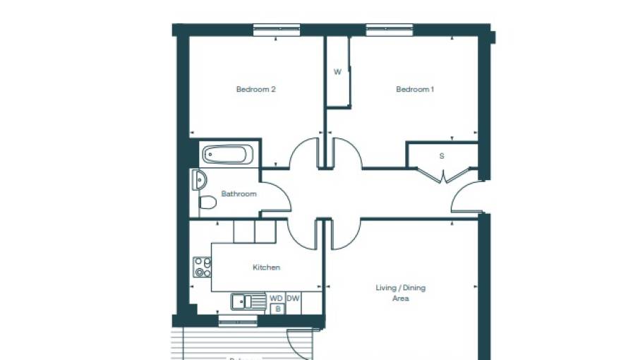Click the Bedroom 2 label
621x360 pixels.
point(255,90)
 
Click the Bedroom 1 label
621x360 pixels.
point(415,90)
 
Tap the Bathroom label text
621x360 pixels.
point(239,193)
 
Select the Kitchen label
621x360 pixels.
point(266,268)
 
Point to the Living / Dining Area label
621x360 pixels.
point(400,293)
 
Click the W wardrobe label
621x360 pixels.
point(337,72)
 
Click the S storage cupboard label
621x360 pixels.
point(442,156)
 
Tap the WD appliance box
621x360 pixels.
point(276,299)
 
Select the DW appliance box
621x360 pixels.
point(293,299)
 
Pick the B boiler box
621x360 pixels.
point(277,308)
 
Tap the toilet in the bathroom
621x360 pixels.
point(207,203)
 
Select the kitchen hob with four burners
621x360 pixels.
point(203,267)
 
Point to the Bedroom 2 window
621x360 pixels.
point(277,30)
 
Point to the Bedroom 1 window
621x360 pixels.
point(389,30)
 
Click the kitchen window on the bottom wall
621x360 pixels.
point(238,323)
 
